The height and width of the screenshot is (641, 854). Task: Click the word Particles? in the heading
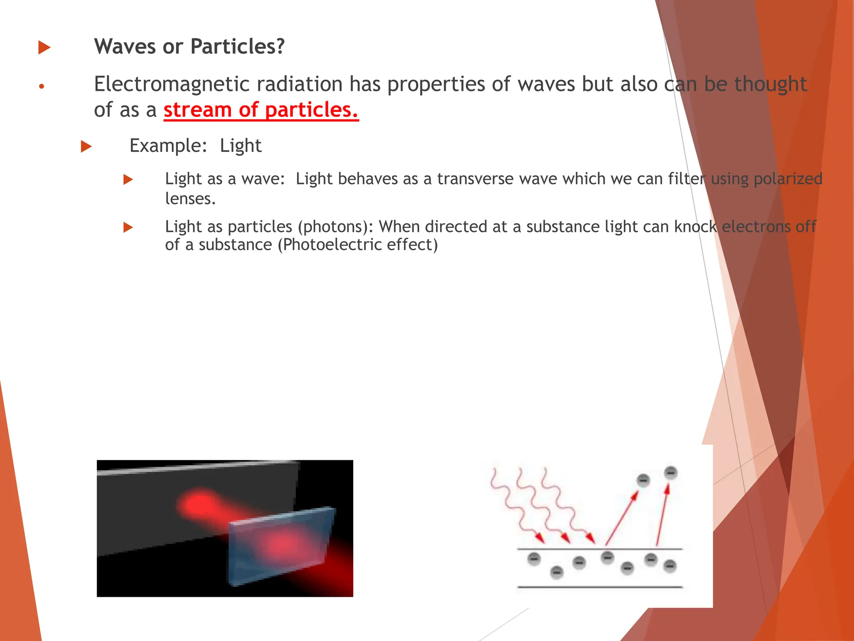tap(237, 46)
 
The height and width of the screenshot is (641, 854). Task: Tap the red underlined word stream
tap(197, 110)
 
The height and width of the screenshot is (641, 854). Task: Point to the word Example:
tap(168, 146)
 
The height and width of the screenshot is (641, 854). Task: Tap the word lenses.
tap(190, 199)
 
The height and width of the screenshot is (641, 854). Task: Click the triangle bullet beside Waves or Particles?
tap(44, 47)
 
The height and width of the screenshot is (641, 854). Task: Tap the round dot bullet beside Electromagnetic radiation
tap(41, 86)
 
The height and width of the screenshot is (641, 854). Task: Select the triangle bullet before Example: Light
tap(86, 146)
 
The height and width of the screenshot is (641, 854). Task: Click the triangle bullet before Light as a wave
tap(128, 180)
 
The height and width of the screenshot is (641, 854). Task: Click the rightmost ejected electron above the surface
tap(671, 473)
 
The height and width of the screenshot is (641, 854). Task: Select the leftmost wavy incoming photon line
tap(513, 505)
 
